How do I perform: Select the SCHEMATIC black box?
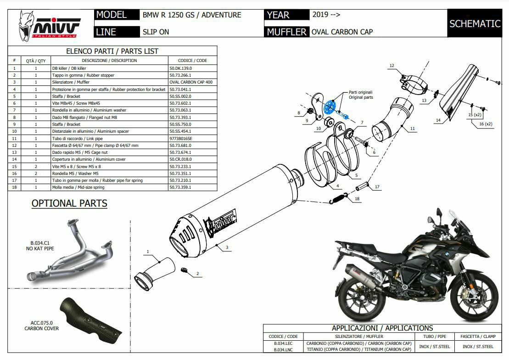475,24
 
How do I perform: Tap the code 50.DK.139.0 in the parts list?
180,68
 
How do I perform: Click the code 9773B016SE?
181,138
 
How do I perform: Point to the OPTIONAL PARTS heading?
69,203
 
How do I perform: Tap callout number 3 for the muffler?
227,248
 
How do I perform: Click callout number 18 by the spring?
358,199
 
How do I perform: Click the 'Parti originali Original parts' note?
361,95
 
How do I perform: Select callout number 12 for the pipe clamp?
392,66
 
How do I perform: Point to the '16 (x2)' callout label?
485,124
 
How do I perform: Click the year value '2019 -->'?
326,15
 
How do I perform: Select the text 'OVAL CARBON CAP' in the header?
342,32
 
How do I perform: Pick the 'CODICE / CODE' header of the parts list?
192,61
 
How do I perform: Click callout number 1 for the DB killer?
148,252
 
